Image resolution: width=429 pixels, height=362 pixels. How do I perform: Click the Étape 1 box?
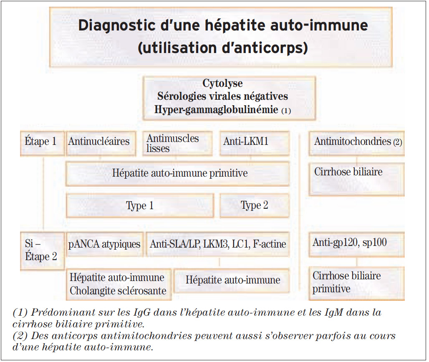click(41, 142)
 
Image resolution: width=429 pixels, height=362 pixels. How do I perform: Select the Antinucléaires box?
click(99, 142)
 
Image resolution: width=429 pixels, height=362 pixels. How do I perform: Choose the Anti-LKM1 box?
click(254, 142)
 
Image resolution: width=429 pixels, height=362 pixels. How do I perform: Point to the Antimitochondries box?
click(357, 142)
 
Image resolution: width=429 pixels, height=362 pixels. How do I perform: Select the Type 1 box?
click(140, 205)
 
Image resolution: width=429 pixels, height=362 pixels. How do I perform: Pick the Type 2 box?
click(254, 205)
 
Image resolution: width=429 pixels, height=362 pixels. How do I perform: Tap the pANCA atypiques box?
click(104, 244)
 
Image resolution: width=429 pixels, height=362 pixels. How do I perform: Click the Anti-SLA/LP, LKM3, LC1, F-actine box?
click(218, 244)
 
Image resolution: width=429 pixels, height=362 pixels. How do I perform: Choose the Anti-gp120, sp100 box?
click(357, 242)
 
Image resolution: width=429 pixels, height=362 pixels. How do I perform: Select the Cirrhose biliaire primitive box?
click(357, 283)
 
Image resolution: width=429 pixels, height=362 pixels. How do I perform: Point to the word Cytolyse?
click(222, 84)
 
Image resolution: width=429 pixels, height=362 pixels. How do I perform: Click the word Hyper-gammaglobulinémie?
click(216, 110)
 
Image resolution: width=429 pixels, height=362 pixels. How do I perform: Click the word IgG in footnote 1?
click(146, 313)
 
